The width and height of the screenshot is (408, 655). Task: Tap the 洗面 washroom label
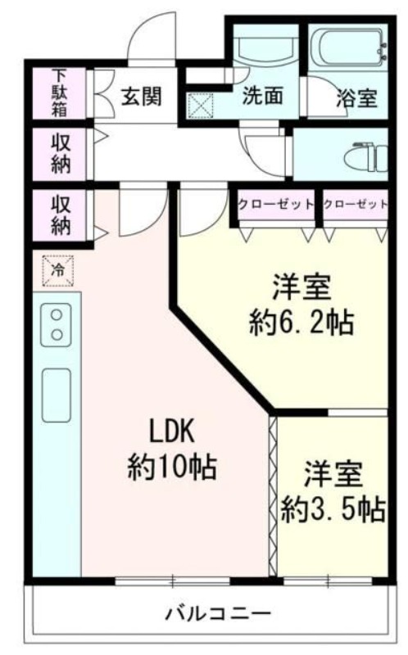point(262,97)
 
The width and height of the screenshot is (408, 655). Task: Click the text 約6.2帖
point(301,324)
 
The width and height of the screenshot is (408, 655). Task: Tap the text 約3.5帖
point(333,509)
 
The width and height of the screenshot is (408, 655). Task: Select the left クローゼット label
point(276,204)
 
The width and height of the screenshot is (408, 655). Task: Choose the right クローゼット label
point(355,204)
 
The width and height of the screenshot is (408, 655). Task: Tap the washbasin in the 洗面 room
point(264,51)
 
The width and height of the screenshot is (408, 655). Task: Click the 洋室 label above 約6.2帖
point(301,289)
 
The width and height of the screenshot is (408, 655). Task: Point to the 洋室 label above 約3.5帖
point(334,474)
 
